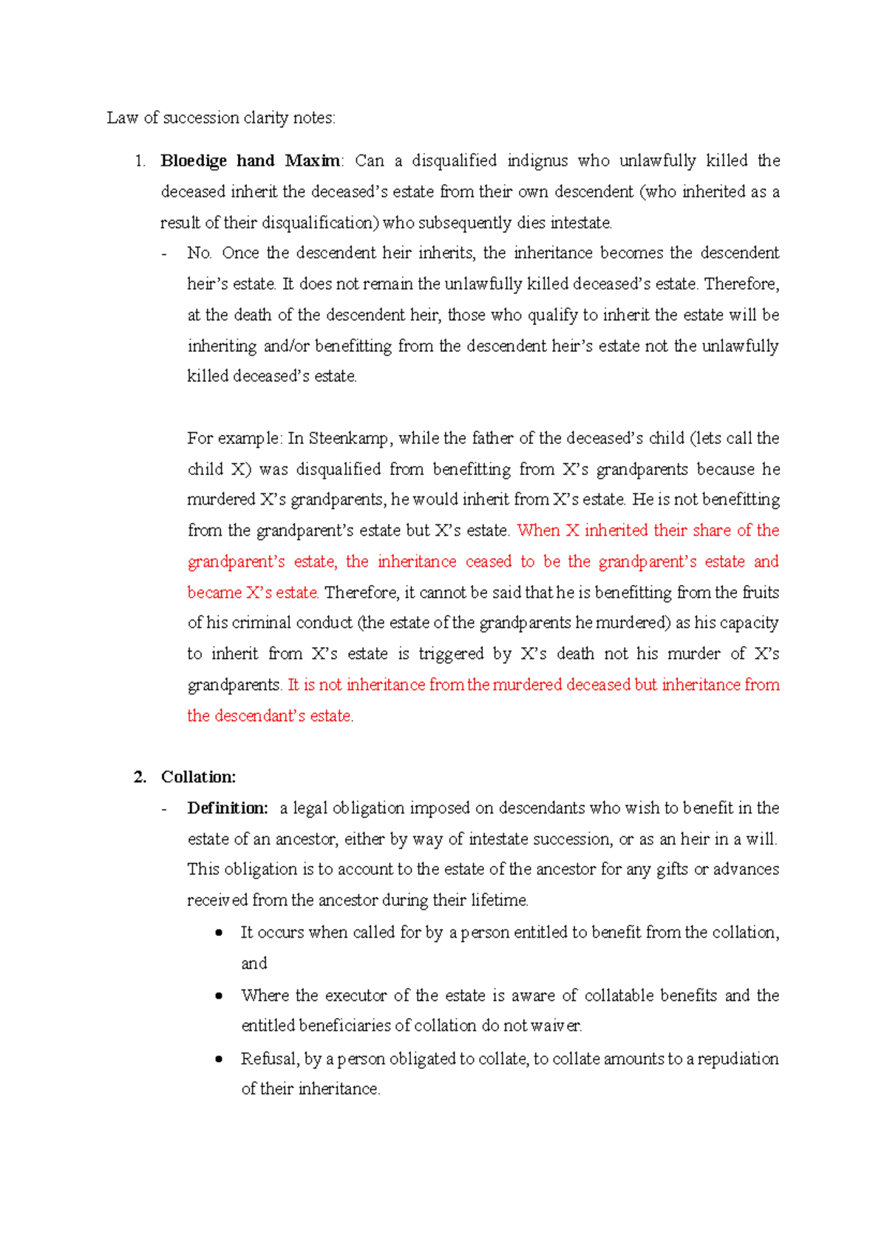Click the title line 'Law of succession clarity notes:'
pyautogui.click(x=220, y=118)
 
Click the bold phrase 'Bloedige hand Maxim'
pyautogui.click(x=251, y=161)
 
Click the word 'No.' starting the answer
pyautogui.click(x=200, y=253)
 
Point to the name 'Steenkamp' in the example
pyautogui.click(x=347, y=439)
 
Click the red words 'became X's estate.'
pyautogui.click(x=253, y=593)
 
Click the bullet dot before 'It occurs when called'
pyautogui.click(x=219, y=933)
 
